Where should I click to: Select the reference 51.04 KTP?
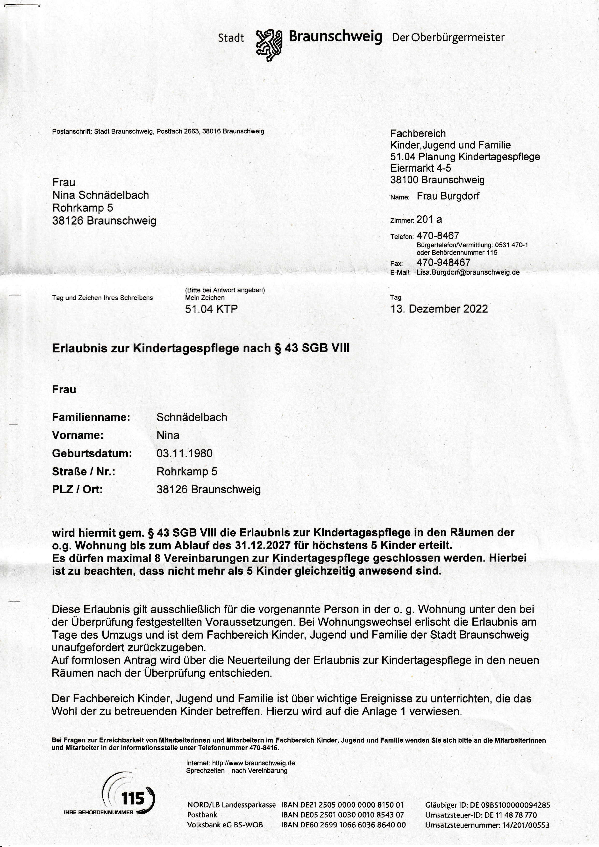pyautogui.click(x=211, y=309)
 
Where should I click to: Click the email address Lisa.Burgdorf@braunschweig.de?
pyautogui.click(x=468, y=272)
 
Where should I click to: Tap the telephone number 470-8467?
pyautogui.click(x=438, y=235)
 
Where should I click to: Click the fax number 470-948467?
pyautogui.click(x=443, y=263)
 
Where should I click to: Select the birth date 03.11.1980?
pyautogui.click(x=185, y=453)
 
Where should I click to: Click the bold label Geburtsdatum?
pyautogui.click(x=92, y=453)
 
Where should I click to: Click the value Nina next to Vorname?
pyautogui.click(x=168, y=435)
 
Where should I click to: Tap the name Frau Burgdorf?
pyautogui.click(x=448, y=196)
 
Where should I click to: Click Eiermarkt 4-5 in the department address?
pyautogui.click(x=421, y=168)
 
